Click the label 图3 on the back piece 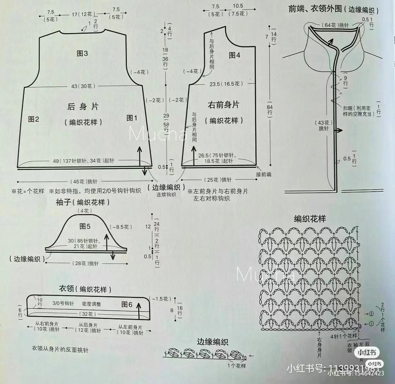pyautogui.click(x=82, y=53)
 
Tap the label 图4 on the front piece pyautogui.click(x=234, y=55)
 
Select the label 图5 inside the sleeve pyautogui.click(x=85, y=226)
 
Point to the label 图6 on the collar pyautogui.click(x=127, y=304)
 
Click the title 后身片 pyautogui.click(x=83, y=106)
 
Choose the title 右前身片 pyautogui.click(x=223, y=105)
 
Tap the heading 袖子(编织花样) pyautogui.click(x=82, y=203)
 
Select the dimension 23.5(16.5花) pyautogui.click(x=226, y=84)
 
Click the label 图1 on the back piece pyautogui.click(x=132, y=118)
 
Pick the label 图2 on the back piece pyautogui.click(x=33, y=119)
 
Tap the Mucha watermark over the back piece pyautogui.click(x=158, y=135)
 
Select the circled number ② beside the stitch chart pyautogui.click(x=371, y=314)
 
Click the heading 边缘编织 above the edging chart pyautogui.click(x=213, y=342)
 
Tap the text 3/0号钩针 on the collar pyautogui.click(x=63, y=304)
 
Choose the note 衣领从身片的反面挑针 pyautogui.click(x=60, y=350)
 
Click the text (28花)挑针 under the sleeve pyautogui.click(x=87, y=263)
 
